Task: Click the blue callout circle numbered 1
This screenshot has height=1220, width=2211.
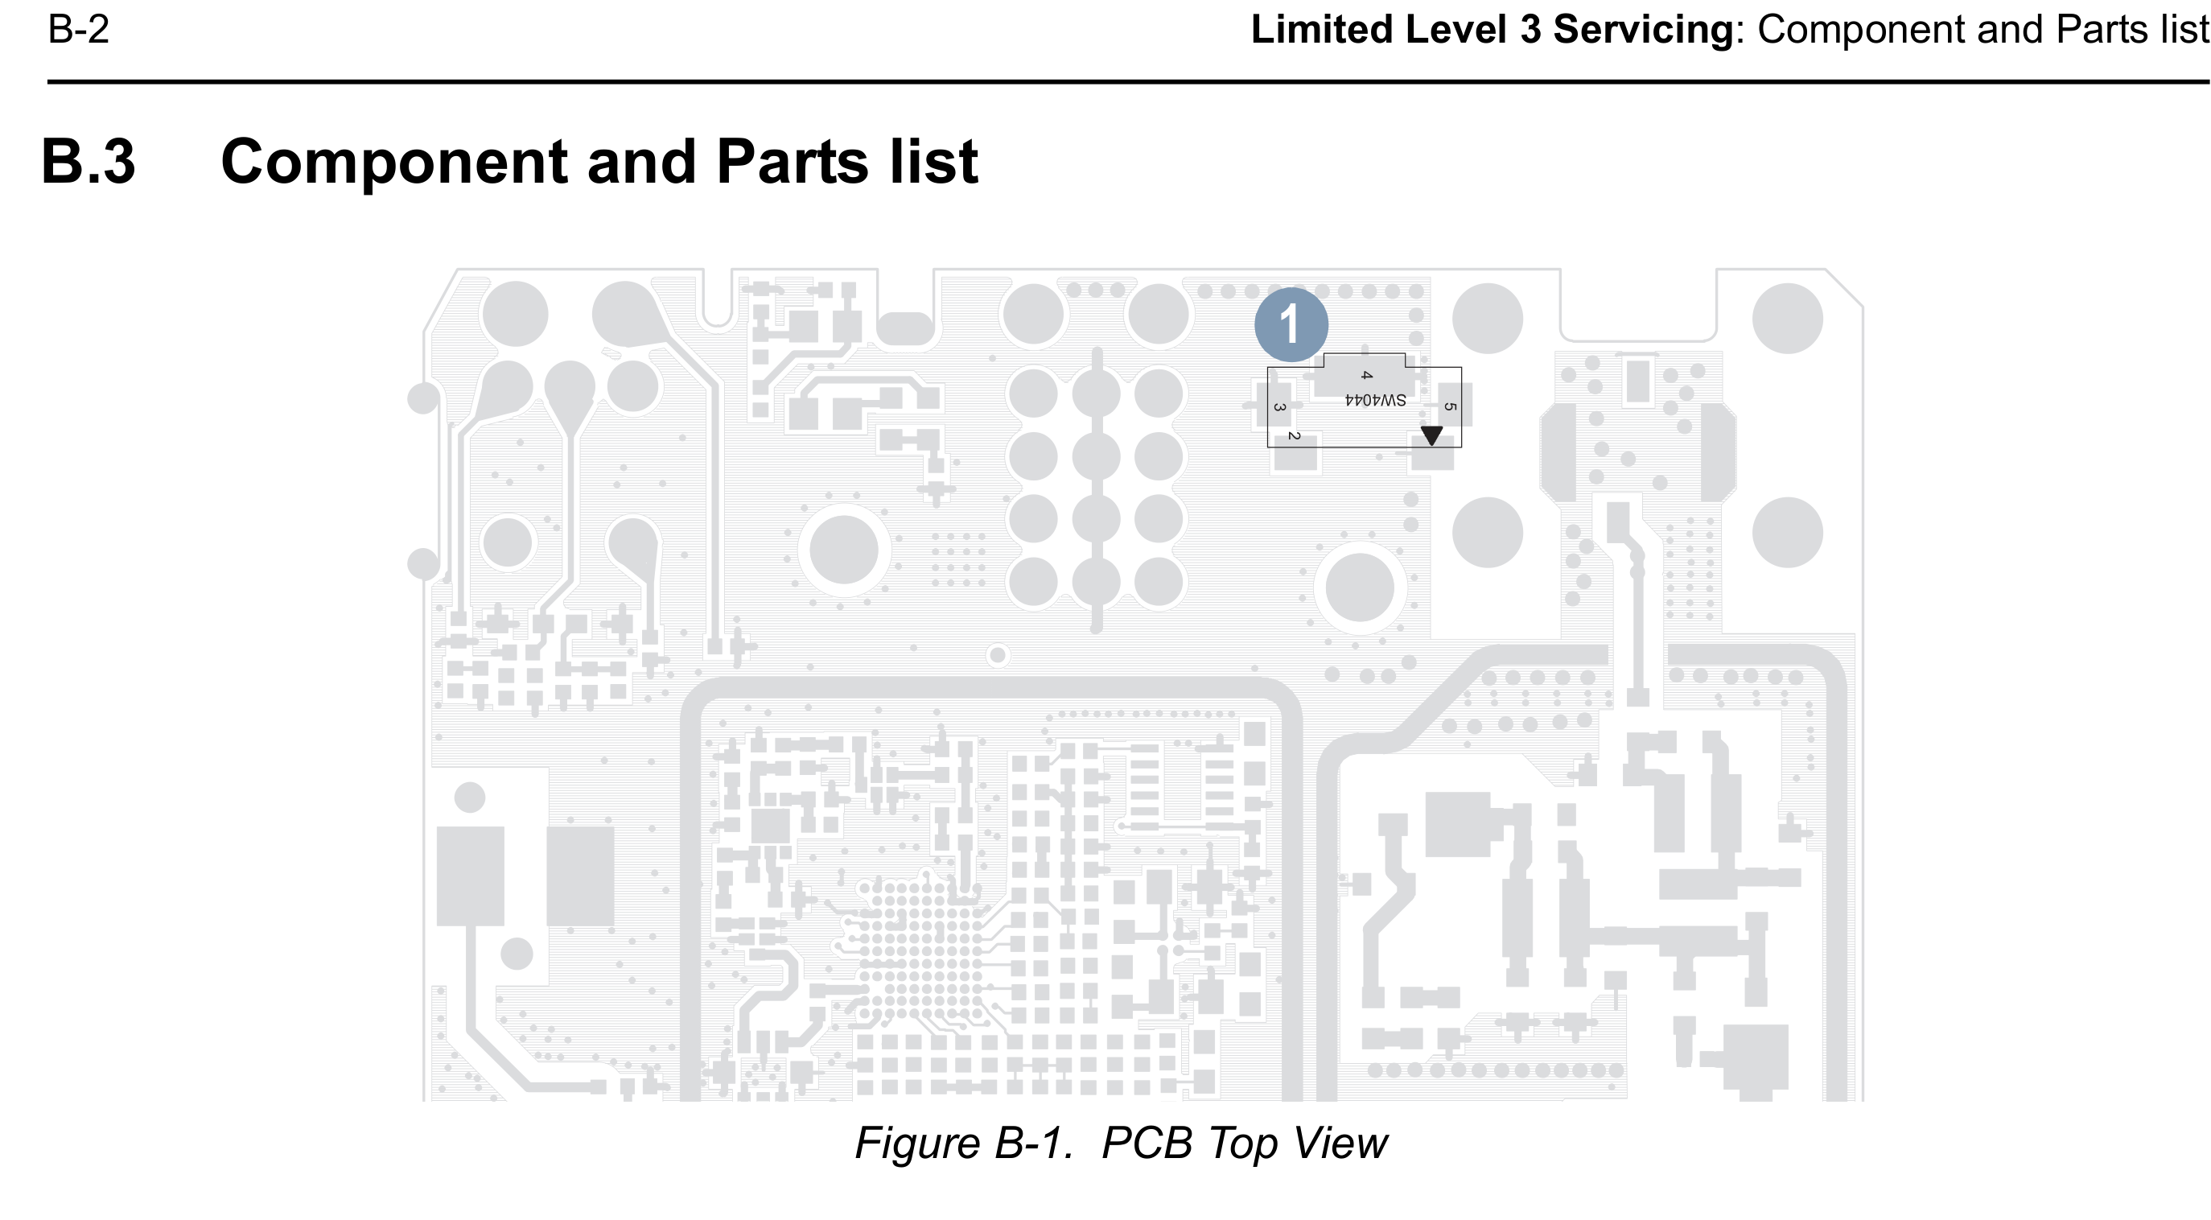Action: click(1291, 324)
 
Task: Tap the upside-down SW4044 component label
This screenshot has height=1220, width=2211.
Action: click(1375, 400)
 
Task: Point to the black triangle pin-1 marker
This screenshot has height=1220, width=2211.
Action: click(1431, 435)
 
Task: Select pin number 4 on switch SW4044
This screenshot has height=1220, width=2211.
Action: click(1366, 375)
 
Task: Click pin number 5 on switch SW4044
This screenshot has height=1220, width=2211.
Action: click(1450, 407)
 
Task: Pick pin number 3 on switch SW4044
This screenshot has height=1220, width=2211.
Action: click(1278, 407)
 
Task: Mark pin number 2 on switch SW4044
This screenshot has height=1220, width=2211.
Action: click(1295, 436)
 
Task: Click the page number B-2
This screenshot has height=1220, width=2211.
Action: click(78, 30)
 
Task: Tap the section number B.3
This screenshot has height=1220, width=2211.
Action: click(89, 162)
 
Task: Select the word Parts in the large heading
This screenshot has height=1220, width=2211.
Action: click(793, 162)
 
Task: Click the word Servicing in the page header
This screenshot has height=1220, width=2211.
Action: click(1643, 30)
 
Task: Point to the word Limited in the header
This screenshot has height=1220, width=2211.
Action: click(1321, 30)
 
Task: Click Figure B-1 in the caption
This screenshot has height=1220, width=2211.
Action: click(963, 1143)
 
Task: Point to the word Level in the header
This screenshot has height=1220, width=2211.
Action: click(1455, 30)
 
